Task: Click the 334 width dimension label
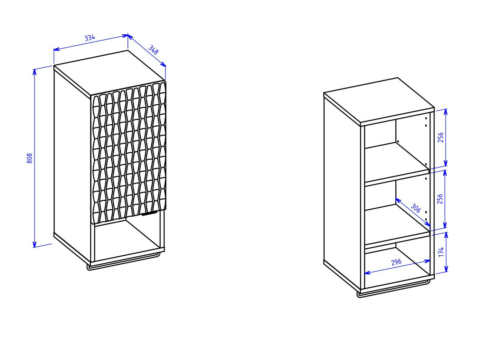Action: click(90, 38)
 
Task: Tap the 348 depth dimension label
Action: click(153, 50)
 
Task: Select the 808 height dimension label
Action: click(29, 158)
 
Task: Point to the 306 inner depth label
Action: click(415, 208)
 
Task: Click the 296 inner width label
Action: click(396, 262)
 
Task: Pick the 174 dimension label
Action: click(441, 252)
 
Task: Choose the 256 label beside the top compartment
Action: click(441, 137)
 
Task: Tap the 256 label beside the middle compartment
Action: click(440, 199)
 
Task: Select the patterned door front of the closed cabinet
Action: click(128, 153)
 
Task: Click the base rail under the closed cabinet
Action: click(124, 262)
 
